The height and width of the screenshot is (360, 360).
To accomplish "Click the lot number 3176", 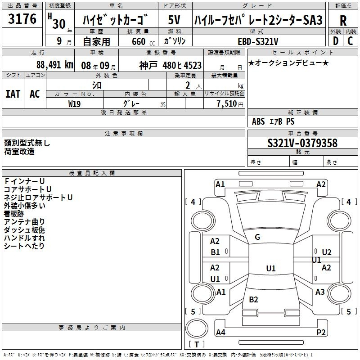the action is [22, 19].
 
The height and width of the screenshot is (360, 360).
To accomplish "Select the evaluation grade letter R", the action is [343, 21].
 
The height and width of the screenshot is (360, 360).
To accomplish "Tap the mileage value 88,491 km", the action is [54, 65].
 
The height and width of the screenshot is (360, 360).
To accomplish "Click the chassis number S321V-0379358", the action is [302, 143].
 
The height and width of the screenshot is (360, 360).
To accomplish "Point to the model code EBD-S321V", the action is [258, 41].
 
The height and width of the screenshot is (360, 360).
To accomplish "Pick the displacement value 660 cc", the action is [143, 41].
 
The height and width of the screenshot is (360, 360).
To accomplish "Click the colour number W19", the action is [74, 104].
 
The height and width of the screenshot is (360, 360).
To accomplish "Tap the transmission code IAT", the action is [13, 94].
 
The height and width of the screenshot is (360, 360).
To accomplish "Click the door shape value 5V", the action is [174, 20].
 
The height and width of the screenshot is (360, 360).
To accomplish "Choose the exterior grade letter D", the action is [335, 41].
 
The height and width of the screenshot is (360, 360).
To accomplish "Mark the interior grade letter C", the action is [350, 41].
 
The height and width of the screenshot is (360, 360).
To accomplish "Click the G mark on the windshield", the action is [257, 237].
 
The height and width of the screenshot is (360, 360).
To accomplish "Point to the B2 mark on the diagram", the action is [253, 299].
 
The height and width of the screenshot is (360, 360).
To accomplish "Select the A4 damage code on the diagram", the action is [220, 332].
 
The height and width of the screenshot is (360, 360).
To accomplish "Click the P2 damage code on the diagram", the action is [321, 332].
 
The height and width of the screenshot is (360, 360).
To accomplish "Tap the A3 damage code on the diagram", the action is [320, 292].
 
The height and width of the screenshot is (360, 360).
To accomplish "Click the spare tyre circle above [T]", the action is [197, 328].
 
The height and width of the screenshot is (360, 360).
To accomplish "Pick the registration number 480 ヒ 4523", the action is [182, 65].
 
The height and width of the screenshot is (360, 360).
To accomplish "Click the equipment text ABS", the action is [258, 121].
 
